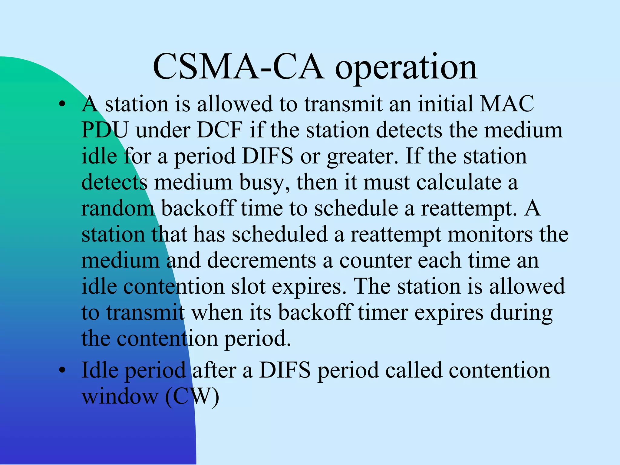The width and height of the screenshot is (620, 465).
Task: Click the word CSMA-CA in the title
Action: [238, 67]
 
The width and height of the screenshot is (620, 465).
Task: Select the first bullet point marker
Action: [62, 104]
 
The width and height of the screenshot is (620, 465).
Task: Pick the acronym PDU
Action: [105, 130]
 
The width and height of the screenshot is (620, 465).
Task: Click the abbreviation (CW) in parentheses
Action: [192, 397]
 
